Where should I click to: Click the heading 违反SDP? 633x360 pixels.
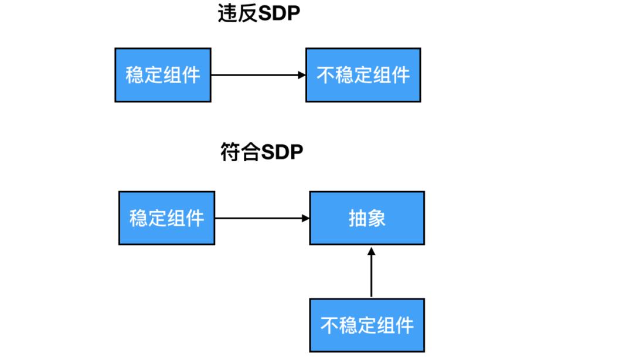[258, 14]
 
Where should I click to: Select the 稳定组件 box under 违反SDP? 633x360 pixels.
[162, 75]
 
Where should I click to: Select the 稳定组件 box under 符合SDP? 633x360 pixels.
[166, 218]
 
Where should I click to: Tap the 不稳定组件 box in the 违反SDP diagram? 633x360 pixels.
[363, 75]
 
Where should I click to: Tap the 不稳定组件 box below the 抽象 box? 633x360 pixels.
[367, 325]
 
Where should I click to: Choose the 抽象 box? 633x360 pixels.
[367, 218]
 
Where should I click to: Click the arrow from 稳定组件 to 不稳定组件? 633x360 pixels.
[258, 75]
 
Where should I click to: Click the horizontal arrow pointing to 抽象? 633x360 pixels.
[262, 218]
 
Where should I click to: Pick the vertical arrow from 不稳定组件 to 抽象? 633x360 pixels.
[371, 276]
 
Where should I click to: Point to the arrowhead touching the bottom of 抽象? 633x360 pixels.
[371, 251]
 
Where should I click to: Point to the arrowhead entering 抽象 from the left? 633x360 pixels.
[305, 218]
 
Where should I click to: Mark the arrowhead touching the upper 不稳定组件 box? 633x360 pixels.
[301, 75]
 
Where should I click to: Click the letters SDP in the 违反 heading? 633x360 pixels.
[279, 14]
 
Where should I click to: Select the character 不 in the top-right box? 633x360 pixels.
[325, 75]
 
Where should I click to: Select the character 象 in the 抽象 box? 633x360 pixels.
[376, 218]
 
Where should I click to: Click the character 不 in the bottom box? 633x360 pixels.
[329, 325]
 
